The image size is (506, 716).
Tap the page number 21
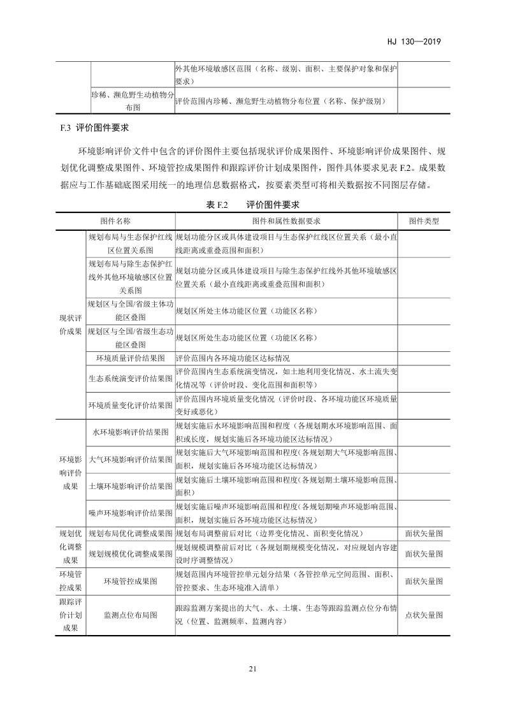tap(252, 669)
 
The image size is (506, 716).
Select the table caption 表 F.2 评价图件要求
tap(253, 204)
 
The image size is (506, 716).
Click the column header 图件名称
tap(115, 221)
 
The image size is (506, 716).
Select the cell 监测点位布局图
tap(130, 615)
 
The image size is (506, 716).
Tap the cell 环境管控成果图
tap(130, 581)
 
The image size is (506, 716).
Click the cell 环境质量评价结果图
tap(130, 358)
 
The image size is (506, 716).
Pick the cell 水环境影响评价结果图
tap(130, 432)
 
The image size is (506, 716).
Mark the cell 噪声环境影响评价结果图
tap(130, 513)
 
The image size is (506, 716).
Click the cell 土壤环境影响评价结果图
tap(130, 486)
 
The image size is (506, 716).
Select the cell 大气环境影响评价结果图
tap(130, 459)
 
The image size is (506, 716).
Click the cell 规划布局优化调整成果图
tap(130, 533)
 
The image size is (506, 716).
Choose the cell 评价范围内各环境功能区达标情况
tap(237, 358)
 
